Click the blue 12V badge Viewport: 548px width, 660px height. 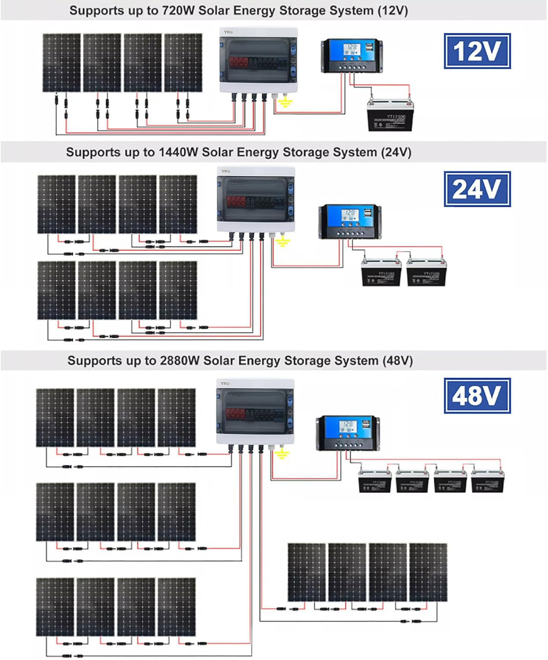click(x=477, y=51)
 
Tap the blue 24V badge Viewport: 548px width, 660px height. click(x=477, y=189)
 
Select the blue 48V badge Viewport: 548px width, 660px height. click(x=477, y=396)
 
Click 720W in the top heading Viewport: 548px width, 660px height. click(x=178, y=11)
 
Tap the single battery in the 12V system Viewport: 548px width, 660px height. click(x=390, y=115)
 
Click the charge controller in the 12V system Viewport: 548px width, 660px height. click(x=352, y=55)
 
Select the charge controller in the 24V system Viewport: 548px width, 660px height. click(x=350, y=221)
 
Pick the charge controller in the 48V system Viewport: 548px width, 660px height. click(x=348, y=433)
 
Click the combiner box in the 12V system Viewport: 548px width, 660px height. click(x=259, y=60)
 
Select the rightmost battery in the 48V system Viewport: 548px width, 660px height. click(x=488, y=481)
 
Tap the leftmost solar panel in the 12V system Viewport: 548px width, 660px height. click(x=62, y=63)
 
